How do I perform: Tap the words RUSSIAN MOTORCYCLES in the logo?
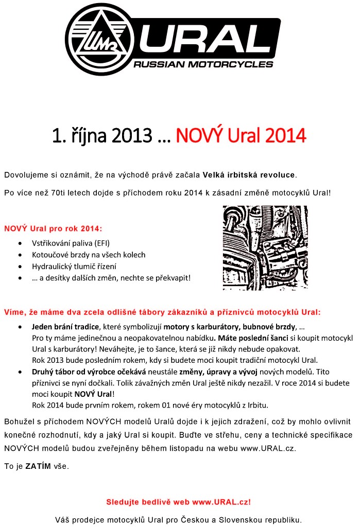click(203, 65)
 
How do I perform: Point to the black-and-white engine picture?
click(265, 248)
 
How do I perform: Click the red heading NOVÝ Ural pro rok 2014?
click(53, 228)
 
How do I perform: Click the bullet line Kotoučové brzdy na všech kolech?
click(89, 255)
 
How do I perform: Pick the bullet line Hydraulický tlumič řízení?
click(74, 267)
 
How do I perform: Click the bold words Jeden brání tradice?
click(66, 327)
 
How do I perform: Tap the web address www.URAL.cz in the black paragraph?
click(268, 448)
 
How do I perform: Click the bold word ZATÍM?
click(38, 466)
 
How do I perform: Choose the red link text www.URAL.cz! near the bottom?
click(221, 501)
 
